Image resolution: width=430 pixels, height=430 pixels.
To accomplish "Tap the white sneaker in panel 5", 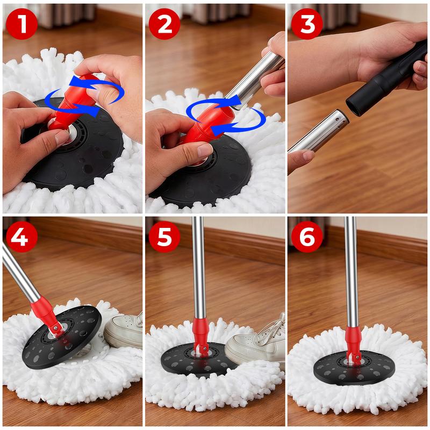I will (x=255, y=344).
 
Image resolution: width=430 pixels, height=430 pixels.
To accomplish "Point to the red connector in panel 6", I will (x=353, y=339).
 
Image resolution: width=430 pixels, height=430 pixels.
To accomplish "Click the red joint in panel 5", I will (x=200, y=336).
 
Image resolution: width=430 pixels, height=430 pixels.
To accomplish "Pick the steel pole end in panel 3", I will (x=317, y=132).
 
